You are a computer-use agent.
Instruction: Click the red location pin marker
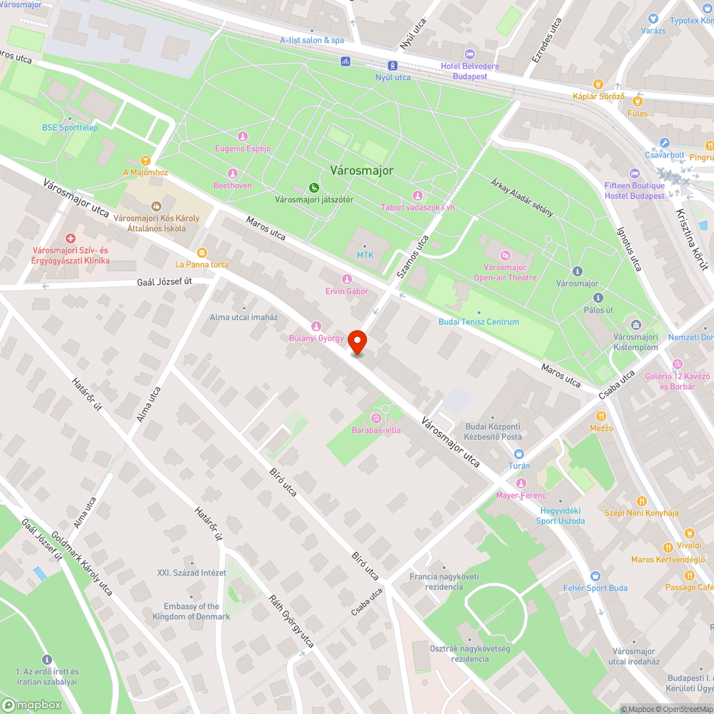(x=357, y=342)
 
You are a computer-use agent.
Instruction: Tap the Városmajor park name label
(x=361, y=171)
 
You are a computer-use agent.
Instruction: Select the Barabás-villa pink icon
(x=376, y=418)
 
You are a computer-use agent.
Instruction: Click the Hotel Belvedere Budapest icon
(x=469, y=54)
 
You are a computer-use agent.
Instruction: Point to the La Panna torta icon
(x=202, y=252)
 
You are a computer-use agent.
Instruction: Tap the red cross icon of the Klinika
(x=71, y=238)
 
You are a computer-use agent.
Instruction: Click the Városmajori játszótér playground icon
(x=313, y=188)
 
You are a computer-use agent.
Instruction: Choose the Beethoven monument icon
(x=232, y=174)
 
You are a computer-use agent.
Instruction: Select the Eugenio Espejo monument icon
(x=243, y=136)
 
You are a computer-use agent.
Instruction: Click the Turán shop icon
(x=518, y=453)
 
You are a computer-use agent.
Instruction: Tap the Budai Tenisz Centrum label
(x=478, y=322)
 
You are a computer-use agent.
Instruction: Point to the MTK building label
(x=365, y=255)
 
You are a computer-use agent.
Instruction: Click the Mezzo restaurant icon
(x=601, y=416)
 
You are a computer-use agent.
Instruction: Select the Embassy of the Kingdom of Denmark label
(x=191, y=611)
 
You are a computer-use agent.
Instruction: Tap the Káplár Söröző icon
(x=598, y=84)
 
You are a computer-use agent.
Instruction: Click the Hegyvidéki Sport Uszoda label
(x=560, y=516)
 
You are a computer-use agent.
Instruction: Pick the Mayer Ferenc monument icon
(x=521, y=483)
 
